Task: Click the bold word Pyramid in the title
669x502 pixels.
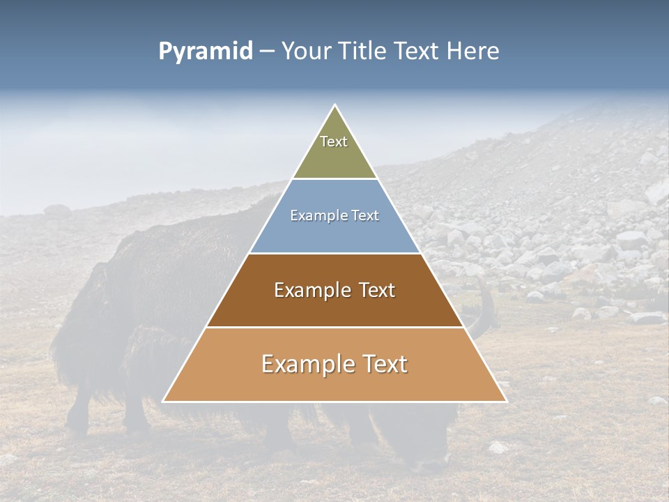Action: pos(206,52)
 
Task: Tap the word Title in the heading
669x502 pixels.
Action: pos(364,52)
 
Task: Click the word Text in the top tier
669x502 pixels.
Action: pos(334,142)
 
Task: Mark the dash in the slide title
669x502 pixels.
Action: pos(267,52)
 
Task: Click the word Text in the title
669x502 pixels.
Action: pos(417,52)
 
